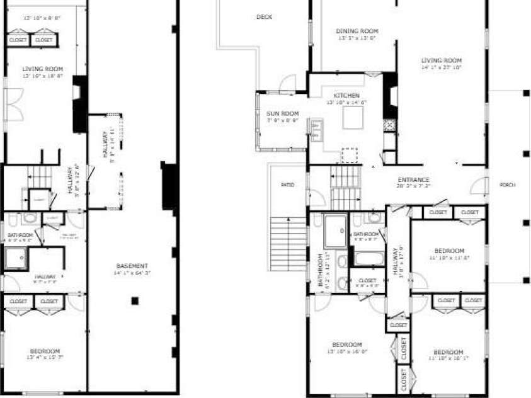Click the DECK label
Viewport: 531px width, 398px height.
265,18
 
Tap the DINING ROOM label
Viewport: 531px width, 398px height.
357,31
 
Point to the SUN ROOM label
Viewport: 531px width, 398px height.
282,113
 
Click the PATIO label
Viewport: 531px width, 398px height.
287,185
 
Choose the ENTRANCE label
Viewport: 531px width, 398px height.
413,179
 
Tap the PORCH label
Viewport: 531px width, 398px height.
507,185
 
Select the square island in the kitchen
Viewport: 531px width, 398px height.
353,117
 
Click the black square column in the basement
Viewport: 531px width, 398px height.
135,301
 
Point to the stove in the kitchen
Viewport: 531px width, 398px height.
390,125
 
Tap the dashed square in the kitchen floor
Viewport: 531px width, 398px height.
348,156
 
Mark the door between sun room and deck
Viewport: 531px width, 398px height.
288,83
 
